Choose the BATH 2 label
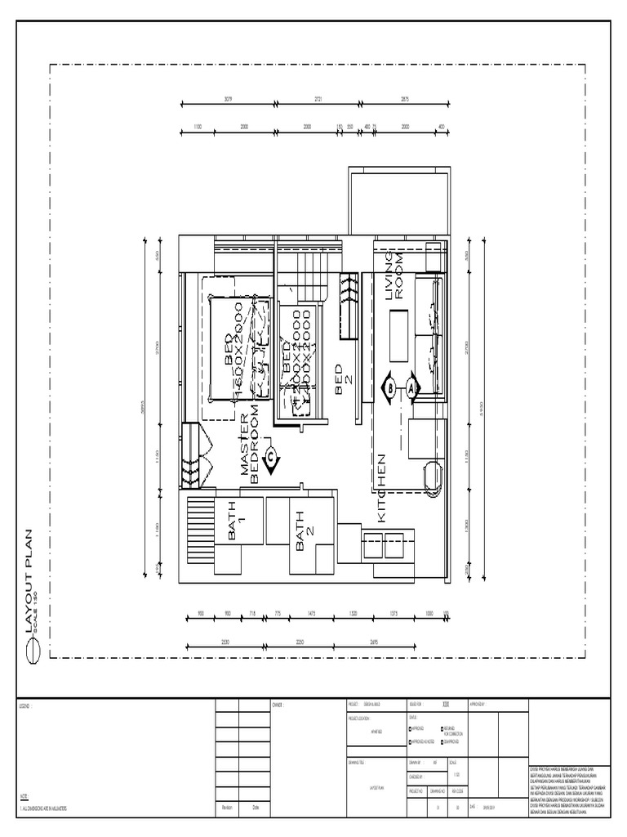point(300,530)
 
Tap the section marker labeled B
point(390,388)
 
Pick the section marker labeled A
point(411,388)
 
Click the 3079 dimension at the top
point(229,99)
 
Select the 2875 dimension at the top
point(404,99)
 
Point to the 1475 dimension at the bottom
point(311,613)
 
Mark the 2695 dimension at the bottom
point(375,642)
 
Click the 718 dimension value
point(253,613)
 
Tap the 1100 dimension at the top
point(198,127)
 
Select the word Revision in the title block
point(226,808)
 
